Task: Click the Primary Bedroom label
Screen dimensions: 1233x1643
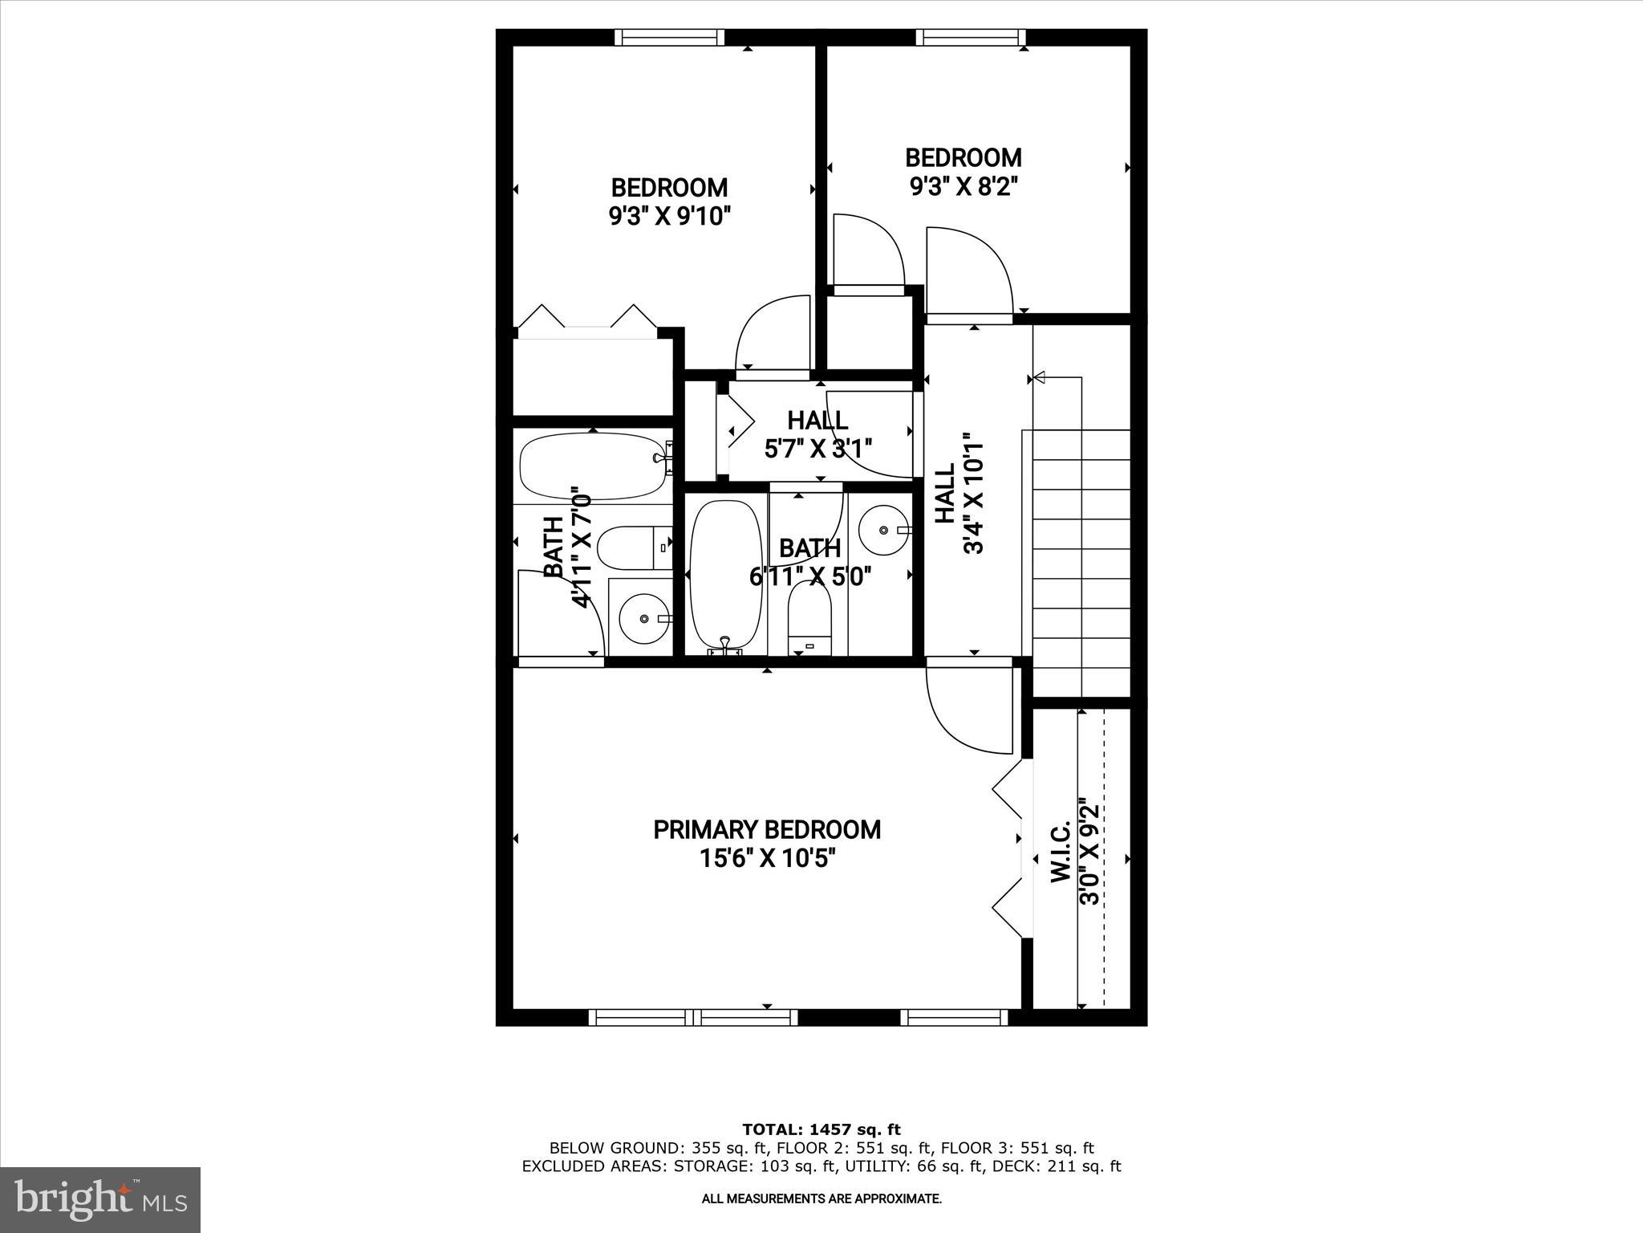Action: point(767,829)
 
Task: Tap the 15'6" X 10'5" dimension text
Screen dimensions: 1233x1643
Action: point(767,859)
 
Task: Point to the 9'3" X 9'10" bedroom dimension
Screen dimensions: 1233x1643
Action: point(670,217)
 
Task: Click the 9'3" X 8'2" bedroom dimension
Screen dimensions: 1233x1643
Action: point(963,186)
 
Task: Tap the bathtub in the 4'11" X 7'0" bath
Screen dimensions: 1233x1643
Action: point(593,466)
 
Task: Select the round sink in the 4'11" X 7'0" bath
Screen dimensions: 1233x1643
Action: point(645,618)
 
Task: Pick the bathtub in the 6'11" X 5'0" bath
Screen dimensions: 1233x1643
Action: point(725,574)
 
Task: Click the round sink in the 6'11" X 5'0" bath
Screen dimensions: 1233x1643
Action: point(882,530)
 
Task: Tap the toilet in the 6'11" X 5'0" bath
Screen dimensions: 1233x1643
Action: point(809,619)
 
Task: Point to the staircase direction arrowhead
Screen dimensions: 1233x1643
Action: point(1041,376)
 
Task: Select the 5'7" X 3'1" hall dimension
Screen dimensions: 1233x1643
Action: point(817,448)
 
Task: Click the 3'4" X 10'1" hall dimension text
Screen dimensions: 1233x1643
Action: point(973,494)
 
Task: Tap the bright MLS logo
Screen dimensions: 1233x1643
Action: point(100,1199)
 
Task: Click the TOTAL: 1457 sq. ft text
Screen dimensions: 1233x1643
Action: point(821,1129)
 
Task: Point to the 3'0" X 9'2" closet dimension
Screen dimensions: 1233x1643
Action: point(1089,852)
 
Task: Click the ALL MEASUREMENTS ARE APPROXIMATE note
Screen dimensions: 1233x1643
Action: point(821,1198)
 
